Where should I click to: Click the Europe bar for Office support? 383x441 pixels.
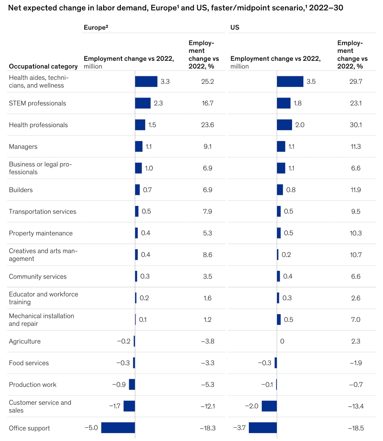coord(118,428)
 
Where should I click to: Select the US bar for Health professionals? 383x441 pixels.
coord(284,125)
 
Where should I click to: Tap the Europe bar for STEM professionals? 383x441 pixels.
coord(143,103)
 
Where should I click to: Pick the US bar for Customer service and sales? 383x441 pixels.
coord(269,406)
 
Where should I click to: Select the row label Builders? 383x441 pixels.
coord(21,190)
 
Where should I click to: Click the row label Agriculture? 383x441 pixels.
coord(25,341)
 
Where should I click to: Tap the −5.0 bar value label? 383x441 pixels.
coord(91,428)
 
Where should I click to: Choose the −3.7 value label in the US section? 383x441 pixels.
coord(239,428)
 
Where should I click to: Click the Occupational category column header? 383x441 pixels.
coord(43,67)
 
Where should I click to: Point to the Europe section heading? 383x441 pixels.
coord(96,27)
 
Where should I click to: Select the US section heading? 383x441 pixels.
coord(235,27)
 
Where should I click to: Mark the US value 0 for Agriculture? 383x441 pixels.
coord(282,341)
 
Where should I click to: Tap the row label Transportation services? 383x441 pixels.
coord(42,212)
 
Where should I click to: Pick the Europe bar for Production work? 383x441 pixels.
coord(132,385)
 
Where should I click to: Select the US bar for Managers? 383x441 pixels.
coord(281,146)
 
